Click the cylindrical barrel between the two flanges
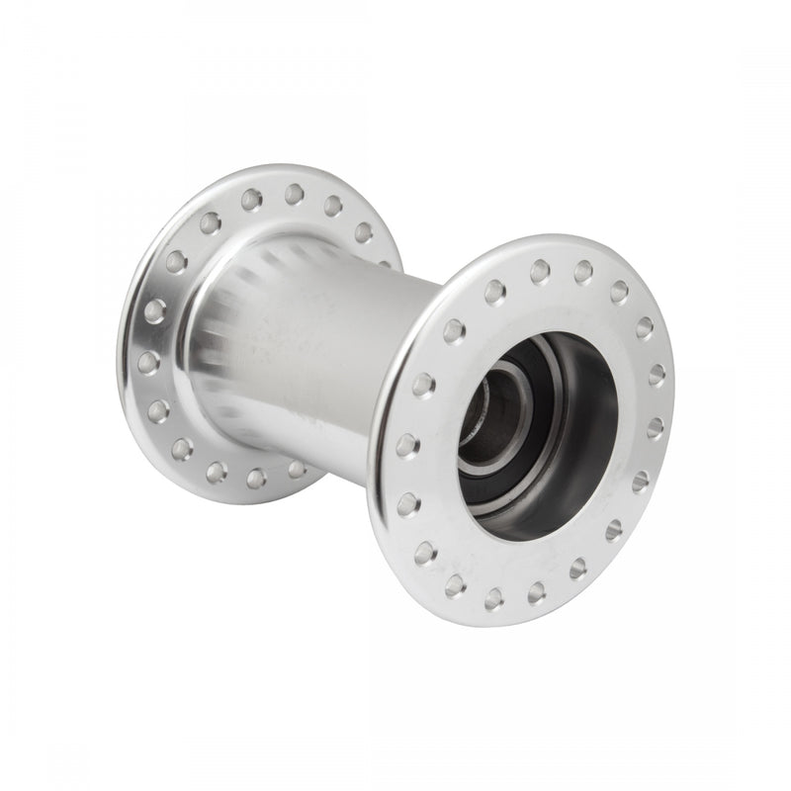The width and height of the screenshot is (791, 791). [326, 346]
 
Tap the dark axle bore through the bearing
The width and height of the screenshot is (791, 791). [484, 414]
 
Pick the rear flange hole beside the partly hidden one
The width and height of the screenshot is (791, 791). [364, 232]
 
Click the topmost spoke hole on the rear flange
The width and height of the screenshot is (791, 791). [294, 194]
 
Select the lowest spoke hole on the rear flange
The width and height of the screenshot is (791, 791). [256, 479]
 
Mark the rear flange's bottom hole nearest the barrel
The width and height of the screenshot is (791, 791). [296, 468]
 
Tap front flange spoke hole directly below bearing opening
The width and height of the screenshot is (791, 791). [536, 592]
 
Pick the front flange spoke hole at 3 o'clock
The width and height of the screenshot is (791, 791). [656, 427]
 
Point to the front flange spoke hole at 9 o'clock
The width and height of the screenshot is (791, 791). [407, 446]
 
